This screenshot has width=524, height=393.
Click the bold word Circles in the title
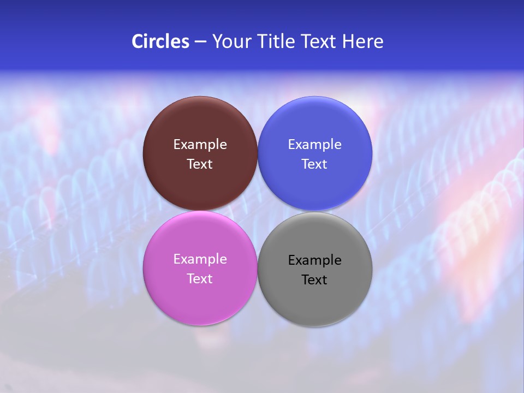(160, 41)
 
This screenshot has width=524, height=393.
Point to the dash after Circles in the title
(200, 42)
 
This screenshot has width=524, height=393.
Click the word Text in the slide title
(318, 41)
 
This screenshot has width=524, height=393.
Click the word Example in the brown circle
(200, 145)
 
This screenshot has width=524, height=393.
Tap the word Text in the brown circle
(200, 164)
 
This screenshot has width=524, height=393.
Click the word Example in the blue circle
(314, 145)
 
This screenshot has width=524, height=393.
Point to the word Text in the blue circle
(314, 164)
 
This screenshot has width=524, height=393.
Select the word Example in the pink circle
(200, 259)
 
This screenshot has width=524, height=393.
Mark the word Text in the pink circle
(200, 279)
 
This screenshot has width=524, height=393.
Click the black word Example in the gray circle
(314, 260)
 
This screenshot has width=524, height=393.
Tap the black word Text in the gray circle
(314, 280)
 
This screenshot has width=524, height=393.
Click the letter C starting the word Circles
(138, 41)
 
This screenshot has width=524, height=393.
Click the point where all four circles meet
(258, 211)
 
